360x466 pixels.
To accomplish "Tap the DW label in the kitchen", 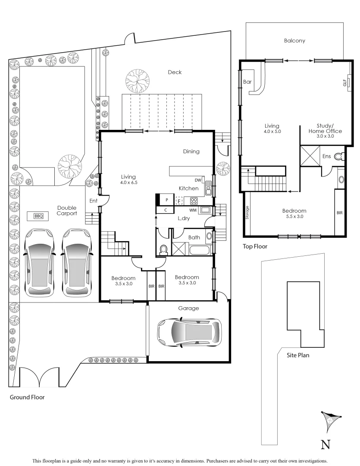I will (x=198, y=180).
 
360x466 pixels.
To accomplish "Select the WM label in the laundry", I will (x=192, y=210).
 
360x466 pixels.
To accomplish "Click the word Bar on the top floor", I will (x=247, y=82).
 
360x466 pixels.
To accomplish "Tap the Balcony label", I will (x=294, y=41).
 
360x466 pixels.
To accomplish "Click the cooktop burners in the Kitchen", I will (x=194, y=201).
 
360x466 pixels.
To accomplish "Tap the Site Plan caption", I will (x=298, y=356).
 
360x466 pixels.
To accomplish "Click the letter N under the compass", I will (x=326, y=444).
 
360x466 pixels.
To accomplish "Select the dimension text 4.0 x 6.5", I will (x=128, y=183).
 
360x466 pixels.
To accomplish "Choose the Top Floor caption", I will (x=254, y=247).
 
